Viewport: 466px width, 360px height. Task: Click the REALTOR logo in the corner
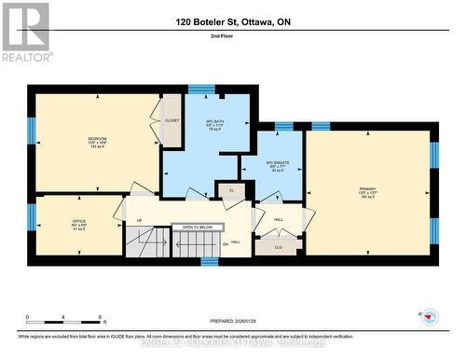[26, 32]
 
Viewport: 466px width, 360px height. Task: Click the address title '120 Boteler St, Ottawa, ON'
[233, 21]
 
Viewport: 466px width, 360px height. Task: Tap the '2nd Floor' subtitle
[233, 37]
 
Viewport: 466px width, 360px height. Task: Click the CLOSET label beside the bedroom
[171, 121]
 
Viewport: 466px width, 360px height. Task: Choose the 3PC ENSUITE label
[270, 165]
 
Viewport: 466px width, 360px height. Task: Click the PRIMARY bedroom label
[367, 193]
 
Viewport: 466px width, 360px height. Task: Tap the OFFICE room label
[79, 225]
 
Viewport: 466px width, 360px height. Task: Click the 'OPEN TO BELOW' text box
[198, 227]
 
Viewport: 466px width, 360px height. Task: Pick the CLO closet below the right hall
[278, 247]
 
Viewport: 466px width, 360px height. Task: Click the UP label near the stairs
[140, 221]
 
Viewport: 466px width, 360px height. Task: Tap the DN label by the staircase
[226, 243]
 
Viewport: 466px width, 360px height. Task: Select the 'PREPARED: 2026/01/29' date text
[232, 324]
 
